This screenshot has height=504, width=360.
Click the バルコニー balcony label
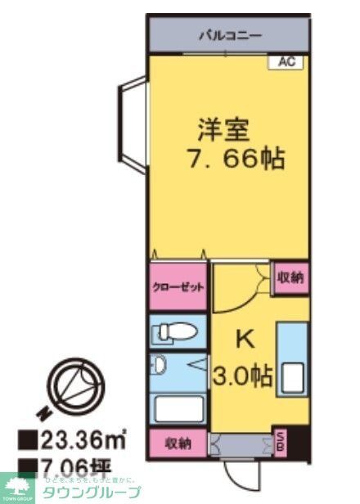point(228,36)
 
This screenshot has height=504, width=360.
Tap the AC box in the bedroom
point(286,61)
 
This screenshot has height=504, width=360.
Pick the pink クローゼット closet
point(178,288)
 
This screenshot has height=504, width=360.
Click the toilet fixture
point(177,332)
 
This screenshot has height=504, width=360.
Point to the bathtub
point(179,407)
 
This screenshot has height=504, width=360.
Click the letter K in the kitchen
point(243,338)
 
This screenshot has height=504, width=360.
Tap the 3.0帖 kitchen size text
point(243,376)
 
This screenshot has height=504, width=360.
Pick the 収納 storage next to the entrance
point(178,444)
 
